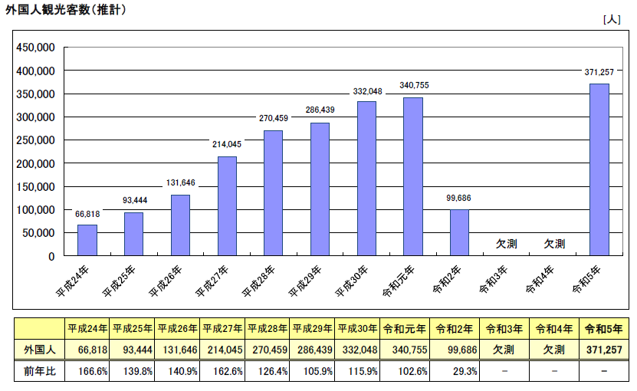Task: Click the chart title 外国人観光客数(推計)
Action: [x=65, y=10]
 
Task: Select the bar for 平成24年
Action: [x=87, y=240]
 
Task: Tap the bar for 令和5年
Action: [x=599, y=169]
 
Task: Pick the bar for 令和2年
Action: [x=459, y=232]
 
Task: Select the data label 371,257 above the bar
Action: [x=599, y=72]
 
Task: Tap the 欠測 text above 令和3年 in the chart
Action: [x=506, y=244]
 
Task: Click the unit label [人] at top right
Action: [x=612, y=20]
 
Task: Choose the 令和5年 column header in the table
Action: [x=603, y=329]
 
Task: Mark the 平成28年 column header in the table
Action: [x=268, y=329]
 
